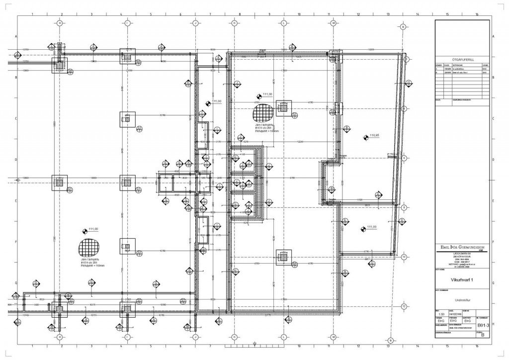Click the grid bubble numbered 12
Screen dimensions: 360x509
click(404, 306)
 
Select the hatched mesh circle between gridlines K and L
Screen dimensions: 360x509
click(262, 112)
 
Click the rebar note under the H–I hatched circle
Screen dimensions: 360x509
click(89, 263)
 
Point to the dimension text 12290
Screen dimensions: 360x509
click(300, 142)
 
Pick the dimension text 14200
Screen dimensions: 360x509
click(370, 50)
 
